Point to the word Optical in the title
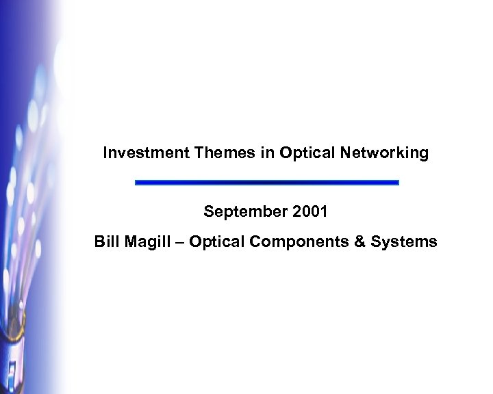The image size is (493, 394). [x=305, y=153]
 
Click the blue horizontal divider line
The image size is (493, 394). [x=266, y=183]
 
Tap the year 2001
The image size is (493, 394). [x=309, y=212]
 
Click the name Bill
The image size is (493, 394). [x=106, y=241]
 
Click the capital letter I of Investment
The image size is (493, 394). [x=105, y=153]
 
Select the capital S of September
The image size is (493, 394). [x=207, y=212]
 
